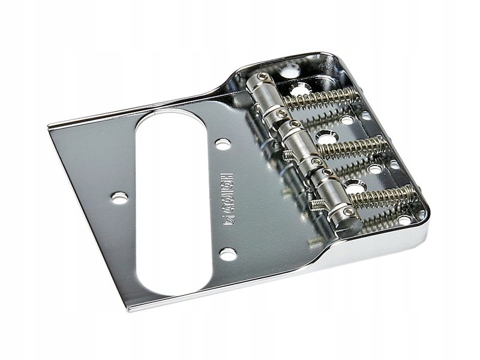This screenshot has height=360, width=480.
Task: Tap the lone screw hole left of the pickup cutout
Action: [x=120, y=197]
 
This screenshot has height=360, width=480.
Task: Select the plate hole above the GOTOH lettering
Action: [x=223, y=144]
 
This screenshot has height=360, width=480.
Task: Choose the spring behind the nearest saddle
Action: [x=384, y=195]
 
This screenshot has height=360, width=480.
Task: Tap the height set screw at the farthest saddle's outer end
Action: [x=263, y=76]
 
